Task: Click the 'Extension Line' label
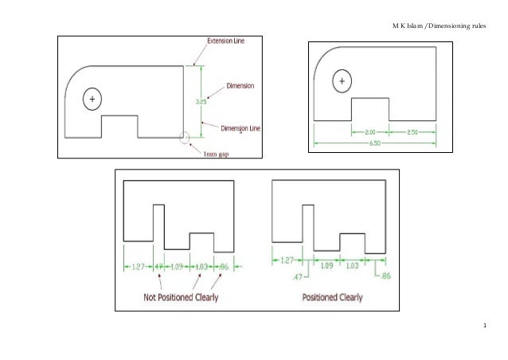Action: (227, 39)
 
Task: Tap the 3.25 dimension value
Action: (201, 101)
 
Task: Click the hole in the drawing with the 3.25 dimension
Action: (92, 99)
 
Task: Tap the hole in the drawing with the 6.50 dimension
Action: (343, 81)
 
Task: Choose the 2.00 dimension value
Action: (370, 131)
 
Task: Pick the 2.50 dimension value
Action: (413, 131)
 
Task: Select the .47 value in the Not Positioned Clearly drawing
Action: (158, 266)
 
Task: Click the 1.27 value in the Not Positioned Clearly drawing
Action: (136, 266)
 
